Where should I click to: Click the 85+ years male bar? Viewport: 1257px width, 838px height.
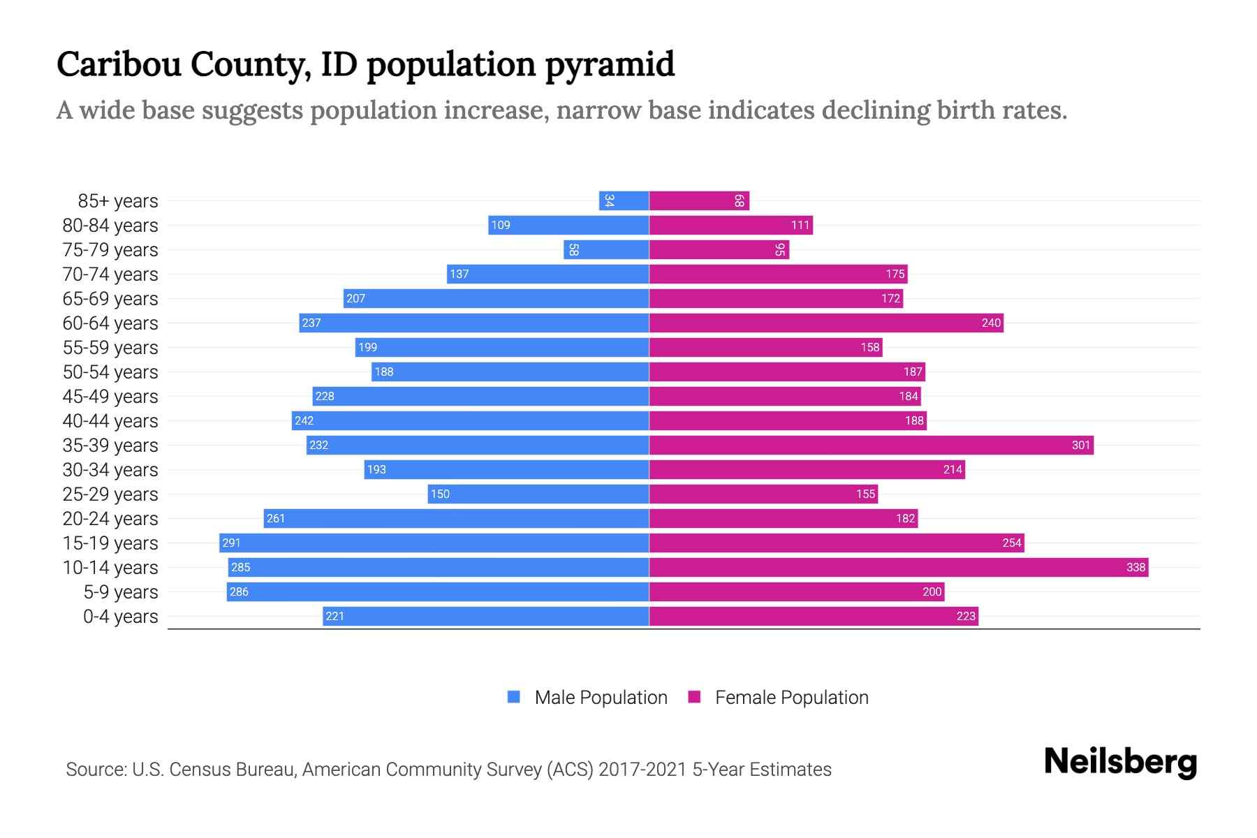624,201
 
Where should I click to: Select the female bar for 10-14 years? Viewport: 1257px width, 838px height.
898,568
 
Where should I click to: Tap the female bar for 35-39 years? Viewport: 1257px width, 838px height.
871,446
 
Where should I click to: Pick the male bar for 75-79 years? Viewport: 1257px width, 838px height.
606,250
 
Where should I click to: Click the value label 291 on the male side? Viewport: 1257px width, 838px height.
231,543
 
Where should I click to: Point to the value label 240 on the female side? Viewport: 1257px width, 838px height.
991,323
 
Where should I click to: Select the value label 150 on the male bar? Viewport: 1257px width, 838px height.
440,494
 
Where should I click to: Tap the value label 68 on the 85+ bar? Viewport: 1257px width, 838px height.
739,201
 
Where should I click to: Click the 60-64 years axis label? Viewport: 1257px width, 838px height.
110,323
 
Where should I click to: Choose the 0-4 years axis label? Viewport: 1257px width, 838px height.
120,617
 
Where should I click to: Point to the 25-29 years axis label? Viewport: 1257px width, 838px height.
110,494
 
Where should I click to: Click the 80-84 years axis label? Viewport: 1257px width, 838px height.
110,226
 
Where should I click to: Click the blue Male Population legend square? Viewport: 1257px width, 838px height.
514,697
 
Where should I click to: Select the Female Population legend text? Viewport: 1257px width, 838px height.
791,698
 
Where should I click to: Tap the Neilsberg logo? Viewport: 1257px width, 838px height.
1120,762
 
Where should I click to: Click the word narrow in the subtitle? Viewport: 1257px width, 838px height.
598,110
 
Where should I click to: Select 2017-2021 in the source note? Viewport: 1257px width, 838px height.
642,770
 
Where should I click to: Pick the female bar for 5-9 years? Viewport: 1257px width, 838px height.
796,592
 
